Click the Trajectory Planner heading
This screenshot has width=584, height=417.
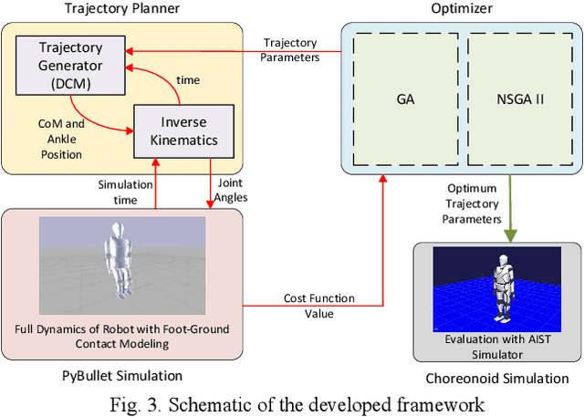(121, 10)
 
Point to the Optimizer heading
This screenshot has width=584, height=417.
(461, 10)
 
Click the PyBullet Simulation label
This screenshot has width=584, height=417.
(121, 375)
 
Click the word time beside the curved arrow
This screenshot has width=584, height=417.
(187, 80)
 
